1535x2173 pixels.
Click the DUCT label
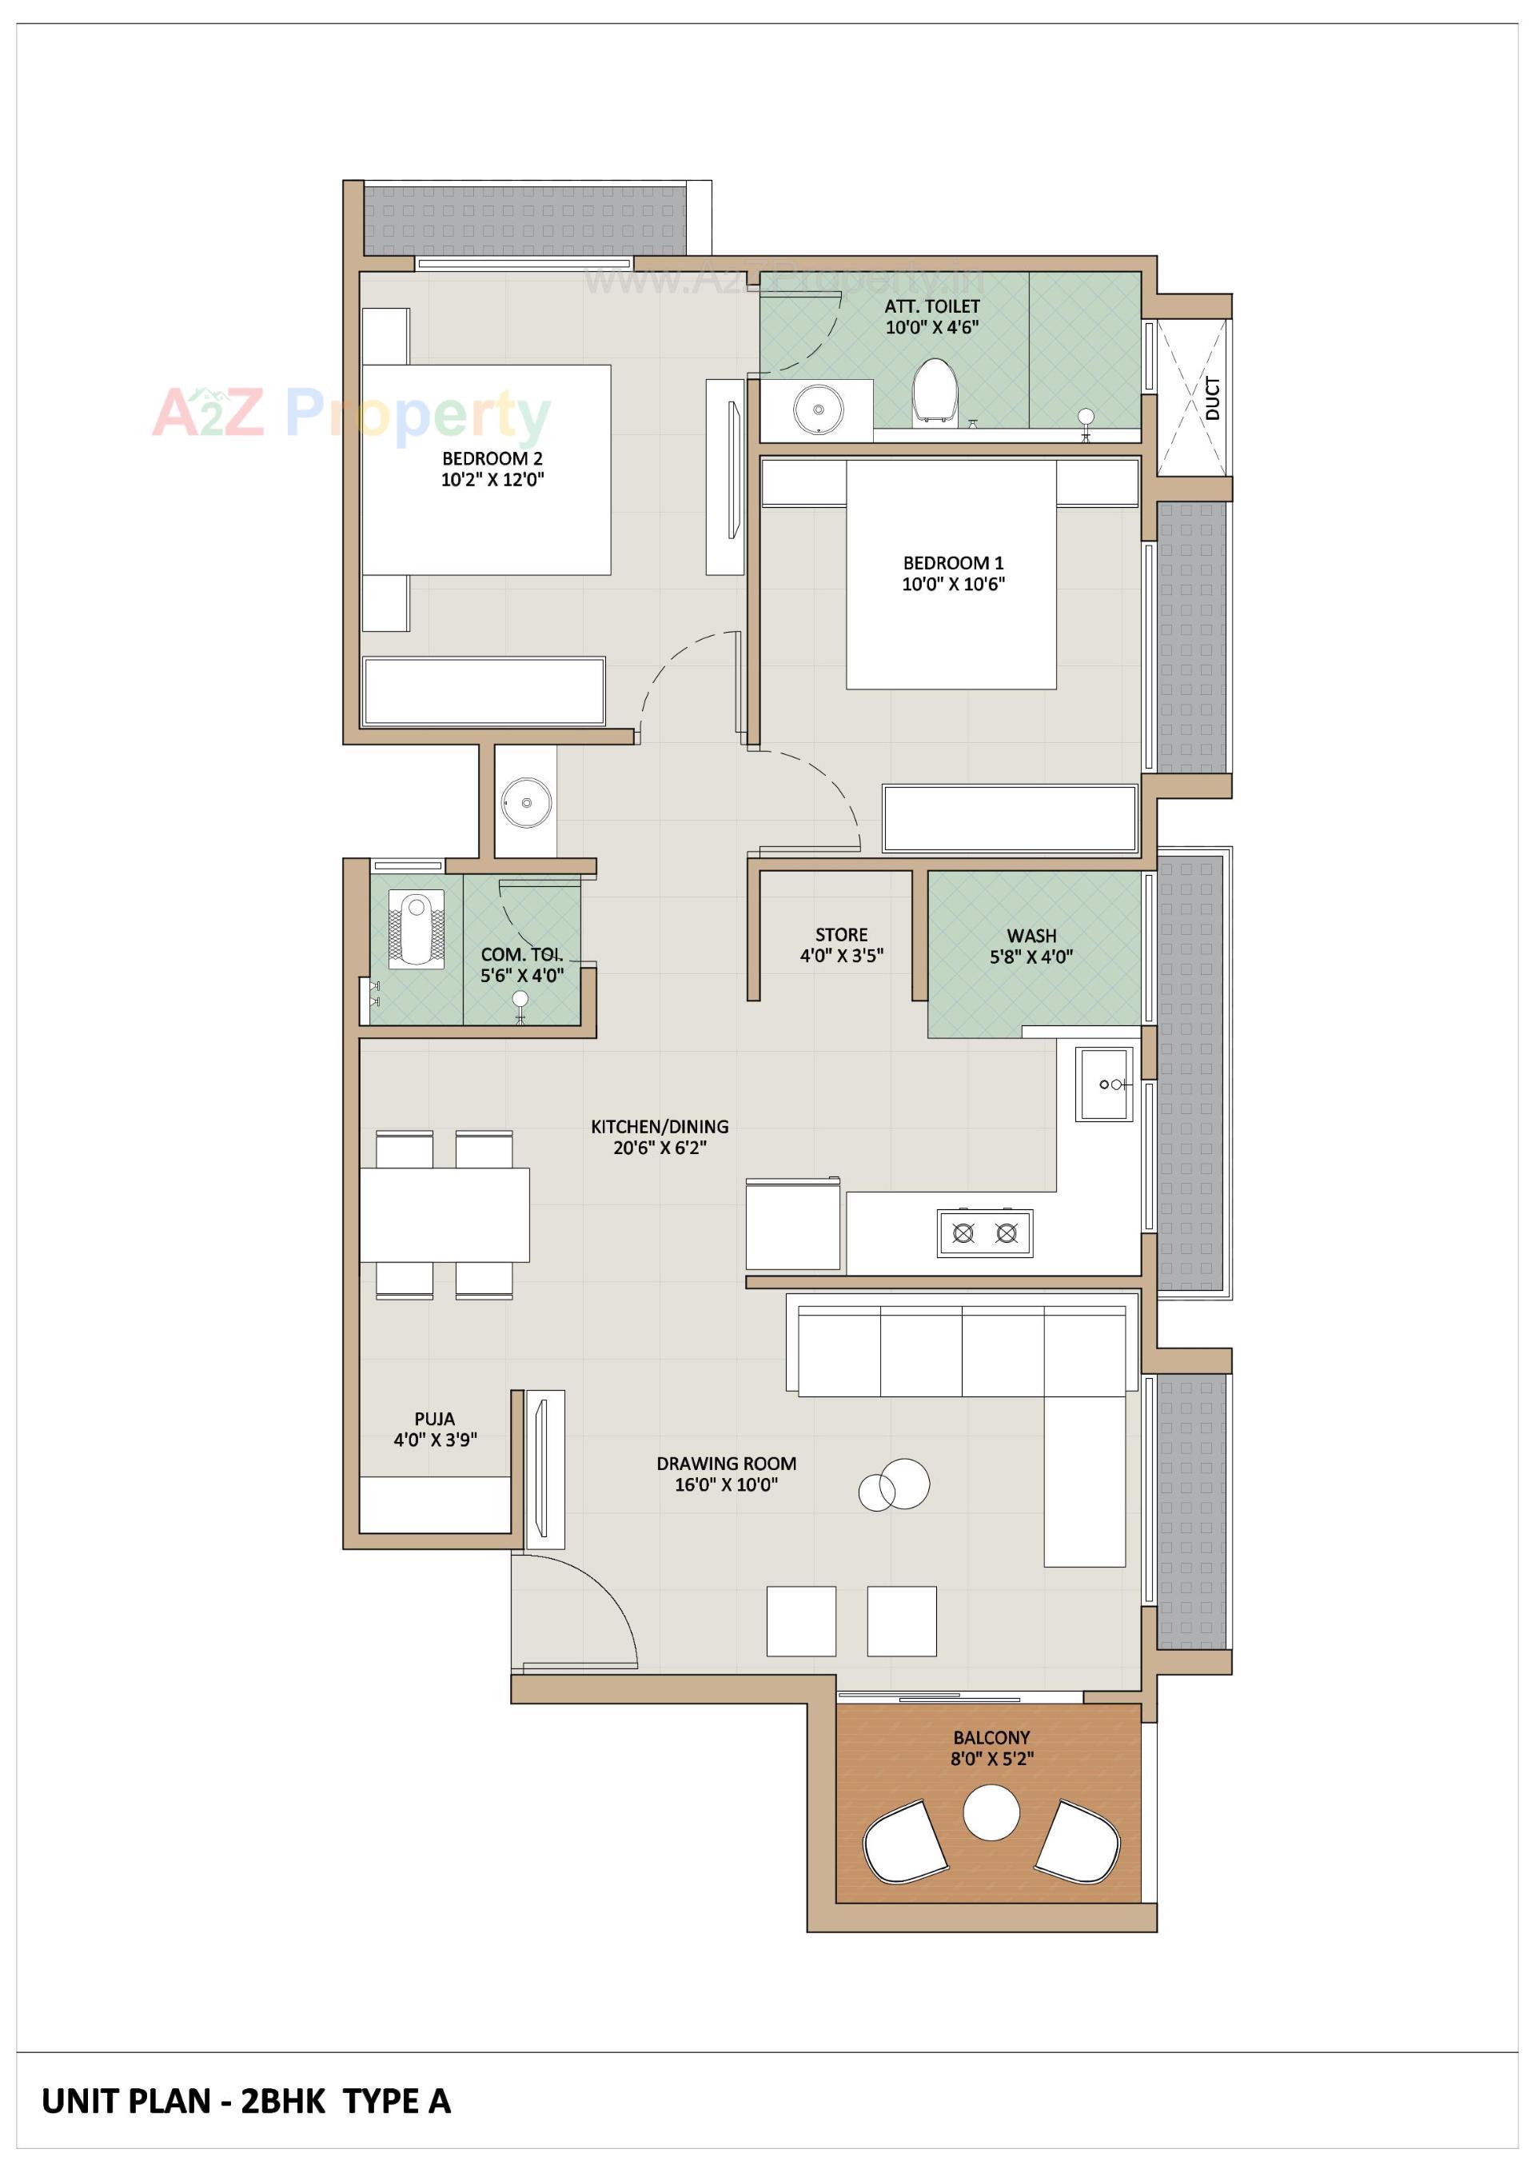pos(1212,398)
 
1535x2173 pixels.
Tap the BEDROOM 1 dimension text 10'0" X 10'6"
pos(952,584)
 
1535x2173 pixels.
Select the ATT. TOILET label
pos(931,306)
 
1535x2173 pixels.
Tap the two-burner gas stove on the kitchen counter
pos(984,1233)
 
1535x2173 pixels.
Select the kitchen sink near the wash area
pos(1103,1084)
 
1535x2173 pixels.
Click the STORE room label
pos(841,935)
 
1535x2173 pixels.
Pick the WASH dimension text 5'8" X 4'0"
pos(1031,957)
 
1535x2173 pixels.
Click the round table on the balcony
pos(991,1812)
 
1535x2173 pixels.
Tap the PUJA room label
pos(434,1419)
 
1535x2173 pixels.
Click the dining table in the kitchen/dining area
pos(444,1214)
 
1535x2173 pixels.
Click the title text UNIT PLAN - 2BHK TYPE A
pos(246,2101)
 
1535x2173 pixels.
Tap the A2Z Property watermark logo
pos(351,413)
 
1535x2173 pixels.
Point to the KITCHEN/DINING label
pos(660,1126)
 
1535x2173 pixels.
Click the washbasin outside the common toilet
pos(525,802)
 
